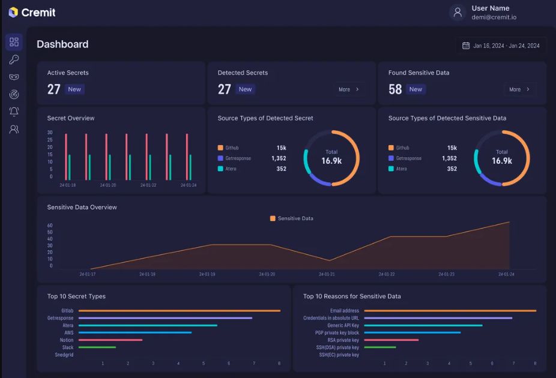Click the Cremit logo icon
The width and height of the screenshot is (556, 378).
click(13, 13)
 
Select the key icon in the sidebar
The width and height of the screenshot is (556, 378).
click(14, 59)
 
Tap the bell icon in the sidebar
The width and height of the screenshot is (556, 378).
click(14, 112)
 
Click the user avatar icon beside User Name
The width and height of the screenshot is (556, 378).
click(458, 13)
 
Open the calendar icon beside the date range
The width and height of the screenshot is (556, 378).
click(466, 46)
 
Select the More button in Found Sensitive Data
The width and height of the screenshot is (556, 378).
click(519, 89)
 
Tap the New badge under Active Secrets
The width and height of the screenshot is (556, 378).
click(74, 89)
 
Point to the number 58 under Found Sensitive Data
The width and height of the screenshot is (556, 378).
click(395, 89)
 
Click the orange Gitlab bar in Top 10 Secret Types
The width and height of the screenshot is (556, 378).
click(180, 311)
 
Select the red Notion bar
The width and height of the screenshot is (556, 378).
click(110, 340)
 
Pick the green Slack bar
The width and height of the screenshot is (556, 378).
click(97, 347)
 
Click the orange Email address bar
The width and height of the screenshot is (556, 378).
click(450, 311)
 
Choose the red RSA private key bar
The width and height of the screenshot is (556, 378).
click(391, 340)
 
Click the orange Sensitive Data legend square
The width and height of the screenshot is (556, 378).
click(273, 218)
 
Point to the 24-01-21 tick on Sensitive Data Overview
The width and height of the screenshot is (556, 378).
click(327, 274)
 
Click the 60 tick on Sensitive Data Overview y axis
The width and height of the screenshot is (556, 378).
click(50, 226)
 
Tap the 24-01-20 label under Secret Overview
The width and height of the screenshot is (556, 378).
click(108, 185)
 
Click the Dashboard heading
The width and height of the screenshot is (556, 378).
click(62, 44)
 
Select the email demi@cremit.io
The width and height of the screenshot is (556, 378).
click(494, 17)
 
